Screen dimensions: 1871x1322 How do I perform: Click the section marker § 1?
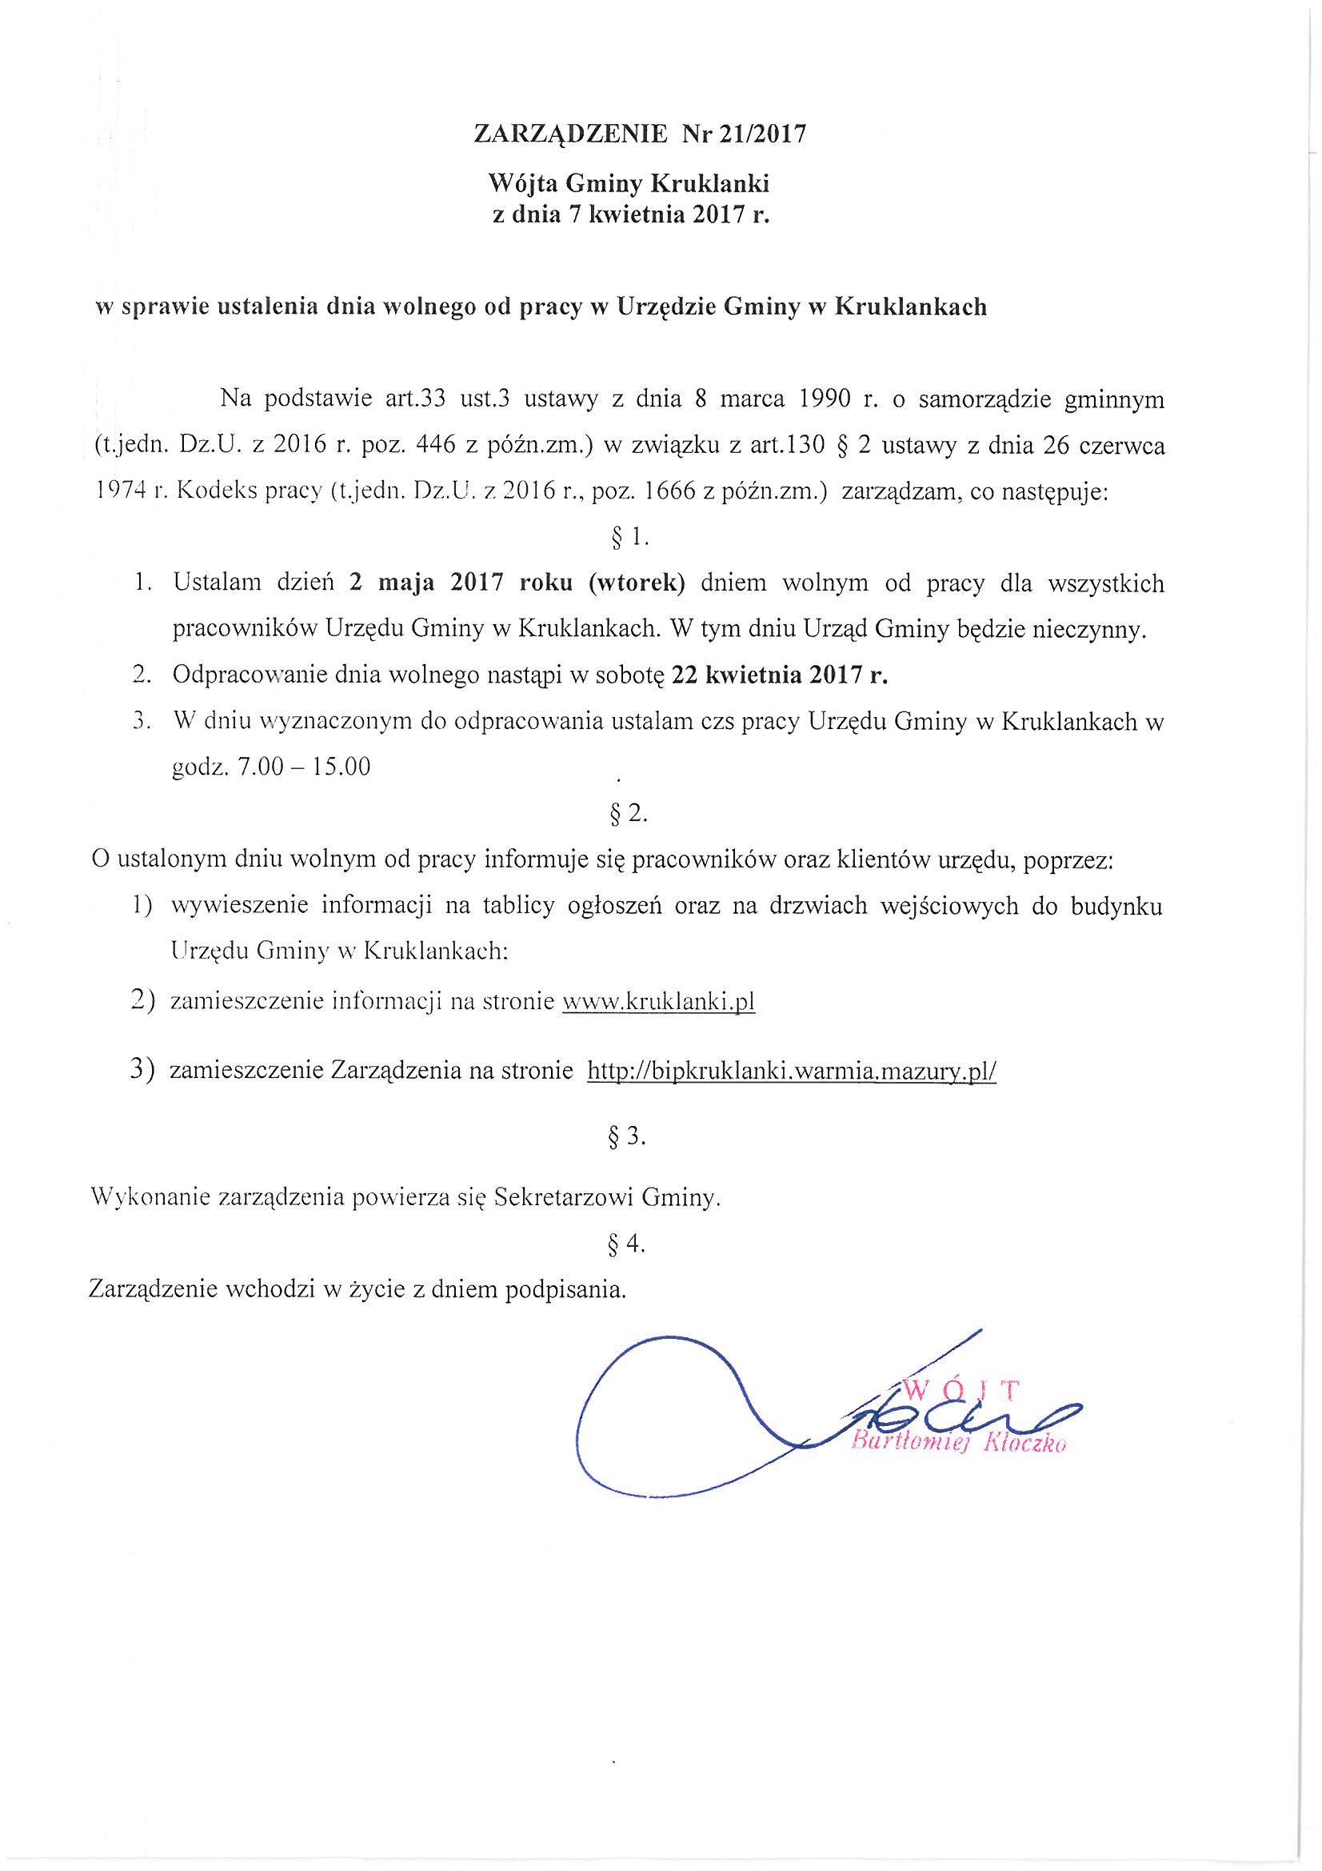[628, 536]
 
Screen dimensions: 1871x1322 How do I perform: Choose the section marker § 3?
[627, 1139]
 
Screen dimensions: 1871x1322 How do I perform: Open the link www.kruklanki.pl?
[659, 1000]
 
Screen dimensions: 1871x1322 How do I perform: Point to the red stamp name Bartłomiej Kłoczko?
[958, 1442]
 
